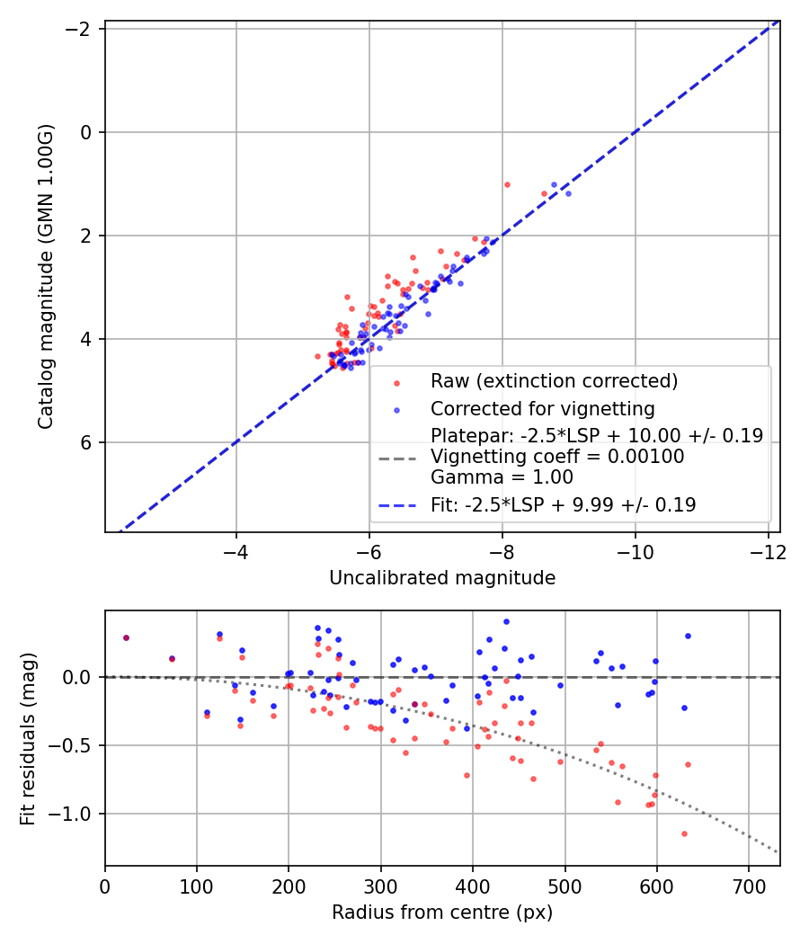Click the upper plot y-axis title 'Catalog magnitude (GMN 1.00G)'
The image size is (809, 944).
47,276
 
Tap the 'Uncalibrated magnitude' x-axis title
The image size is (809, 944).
442,578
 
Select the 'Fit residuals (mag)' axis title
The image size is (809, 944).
28,738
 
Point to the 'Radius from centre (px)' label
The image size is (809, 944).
442,913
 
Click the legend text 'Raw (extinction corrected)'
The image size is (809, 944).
554,381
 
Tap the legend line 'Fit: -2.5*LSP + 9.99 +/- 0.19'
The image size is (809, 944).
564,505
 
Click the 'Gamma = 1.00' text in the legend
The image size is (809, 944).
502,477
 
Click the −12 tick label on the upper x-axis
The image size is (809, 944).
768,551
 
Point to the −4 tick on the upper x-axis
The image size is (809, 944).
236,551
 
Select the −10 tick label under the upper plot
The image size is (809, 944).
635,551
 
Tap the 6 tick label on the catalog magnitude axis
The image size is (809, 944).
87,442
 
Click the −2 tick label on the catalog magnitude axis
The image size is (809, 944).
81,29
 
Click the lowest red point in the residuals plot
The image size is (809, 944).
684,833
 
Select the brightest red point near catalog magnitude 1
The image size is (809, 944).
507,184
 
